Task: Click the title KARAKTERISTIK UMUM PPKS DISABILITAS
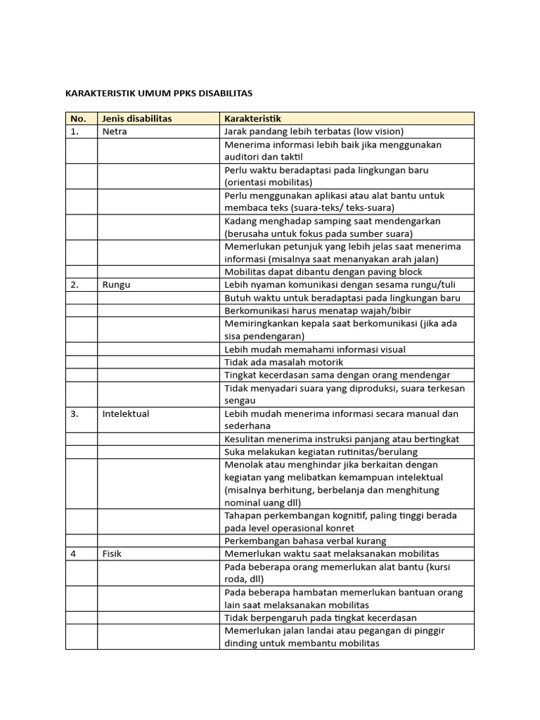158,93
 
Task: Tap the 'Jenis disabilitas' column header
136,119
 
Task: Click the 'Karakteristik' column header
252,119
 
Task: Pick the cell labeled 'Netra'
115,131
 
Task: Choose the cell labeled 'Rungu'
116,285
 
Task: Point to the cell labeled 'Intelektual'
126,413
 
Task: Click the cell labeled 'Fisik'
112,553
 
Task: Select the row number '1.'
75,131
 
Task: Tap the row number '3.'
75,413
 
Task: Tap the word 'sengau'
240,400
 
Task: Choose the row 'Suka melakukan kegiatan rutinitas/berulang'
321,451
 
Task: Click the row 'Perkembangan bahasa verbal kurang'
305,541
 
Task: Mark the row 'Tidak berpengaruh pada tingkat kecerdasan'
320,617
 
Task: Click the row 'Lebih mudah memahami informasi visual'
314,349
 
